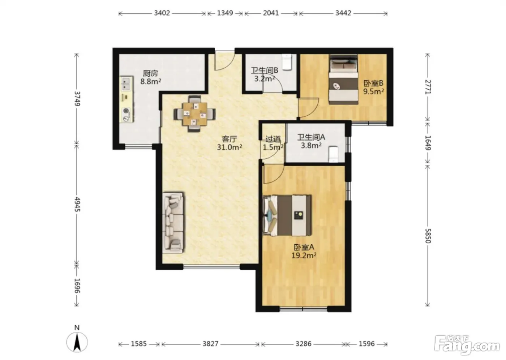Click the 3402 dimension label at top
[x=162, y=13]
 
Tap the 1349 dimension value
[x=225, y=13]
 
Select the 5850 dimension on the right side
[x=428, y=236]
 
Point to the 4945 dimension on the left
[x=77, y=204]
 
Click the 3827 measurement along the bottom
[x=210, y=344]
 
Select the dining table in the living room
[x=194, y=114]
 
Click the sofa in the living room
[x=173, y=222]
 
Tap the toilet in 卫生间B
[x=287, y=62]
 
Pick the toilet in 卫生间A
[x=333, y=154]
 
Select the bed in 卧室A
[x=287, y=216]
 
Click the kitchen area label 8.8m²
[x=151, y=81]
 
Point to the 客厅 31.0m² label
[x=229, y=143]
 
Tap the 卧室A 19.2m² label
[x=304, y=251]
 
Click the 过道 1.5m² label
[x=273, y=143]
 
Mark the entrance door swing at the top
[x=225, y=60]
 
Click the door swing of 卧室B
[x=308, y=108]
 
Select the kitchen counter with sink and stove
[x=126, y=99]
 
